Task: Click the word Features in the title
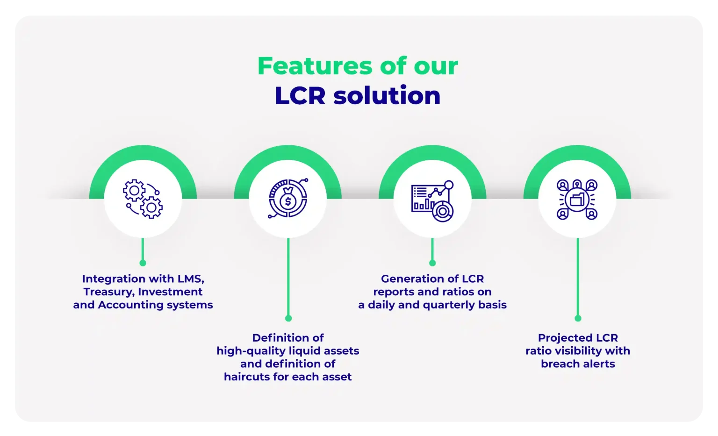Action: [315, 66]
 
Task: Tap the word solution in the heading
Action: [387, 95]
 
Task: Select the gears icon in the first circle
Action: [143, 199]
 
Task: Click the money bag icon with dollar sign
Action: [288, 199]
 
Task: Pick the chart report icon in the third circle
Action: [432, 201]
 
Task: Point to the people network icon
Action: [577, 200]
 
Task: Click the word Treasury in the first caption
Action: [109, 292]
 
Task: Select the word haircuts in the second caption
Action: [247, 377]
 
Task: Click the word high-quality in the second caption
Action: [251, 351]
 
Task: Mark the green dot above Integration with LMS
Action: [143, 263]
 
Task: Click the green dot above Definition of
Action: [288, 318]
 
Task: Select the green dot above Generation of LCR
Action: [432, 263]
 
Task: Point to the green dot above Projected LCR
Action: [578, 318]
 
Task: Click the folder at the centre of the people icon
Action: [577, 200]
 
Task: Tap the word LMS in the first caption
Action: [191, 279]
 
